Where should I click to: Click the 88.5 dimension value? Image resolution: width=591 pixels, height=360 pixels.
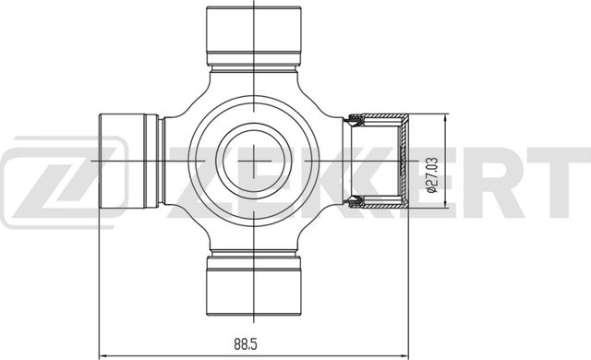click(246, 343)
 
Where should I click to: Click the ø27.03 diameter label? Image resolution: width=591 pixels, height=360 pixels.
click(432, 174)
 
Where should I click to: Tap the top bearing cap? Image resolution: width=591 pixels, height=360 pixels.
click(254, 35)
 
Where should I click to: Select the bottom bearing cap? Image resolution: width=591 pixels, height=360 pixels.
click(255, 286)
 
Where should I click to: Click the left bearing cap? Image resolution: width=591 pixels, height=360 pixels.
click(128, 161)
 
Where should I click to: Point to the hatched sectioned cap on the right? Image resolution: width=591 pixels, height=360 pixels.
click(378, 161)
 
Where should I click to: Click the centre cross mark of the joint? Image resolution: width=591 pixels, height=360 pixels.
click(255, 161)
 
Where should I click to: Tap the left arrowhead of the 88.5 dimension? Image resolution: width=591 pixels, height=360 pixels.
click(103, 354)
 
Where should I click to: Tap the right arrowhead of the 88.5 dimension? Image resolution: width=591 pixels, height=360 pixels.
click(404, 354)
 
